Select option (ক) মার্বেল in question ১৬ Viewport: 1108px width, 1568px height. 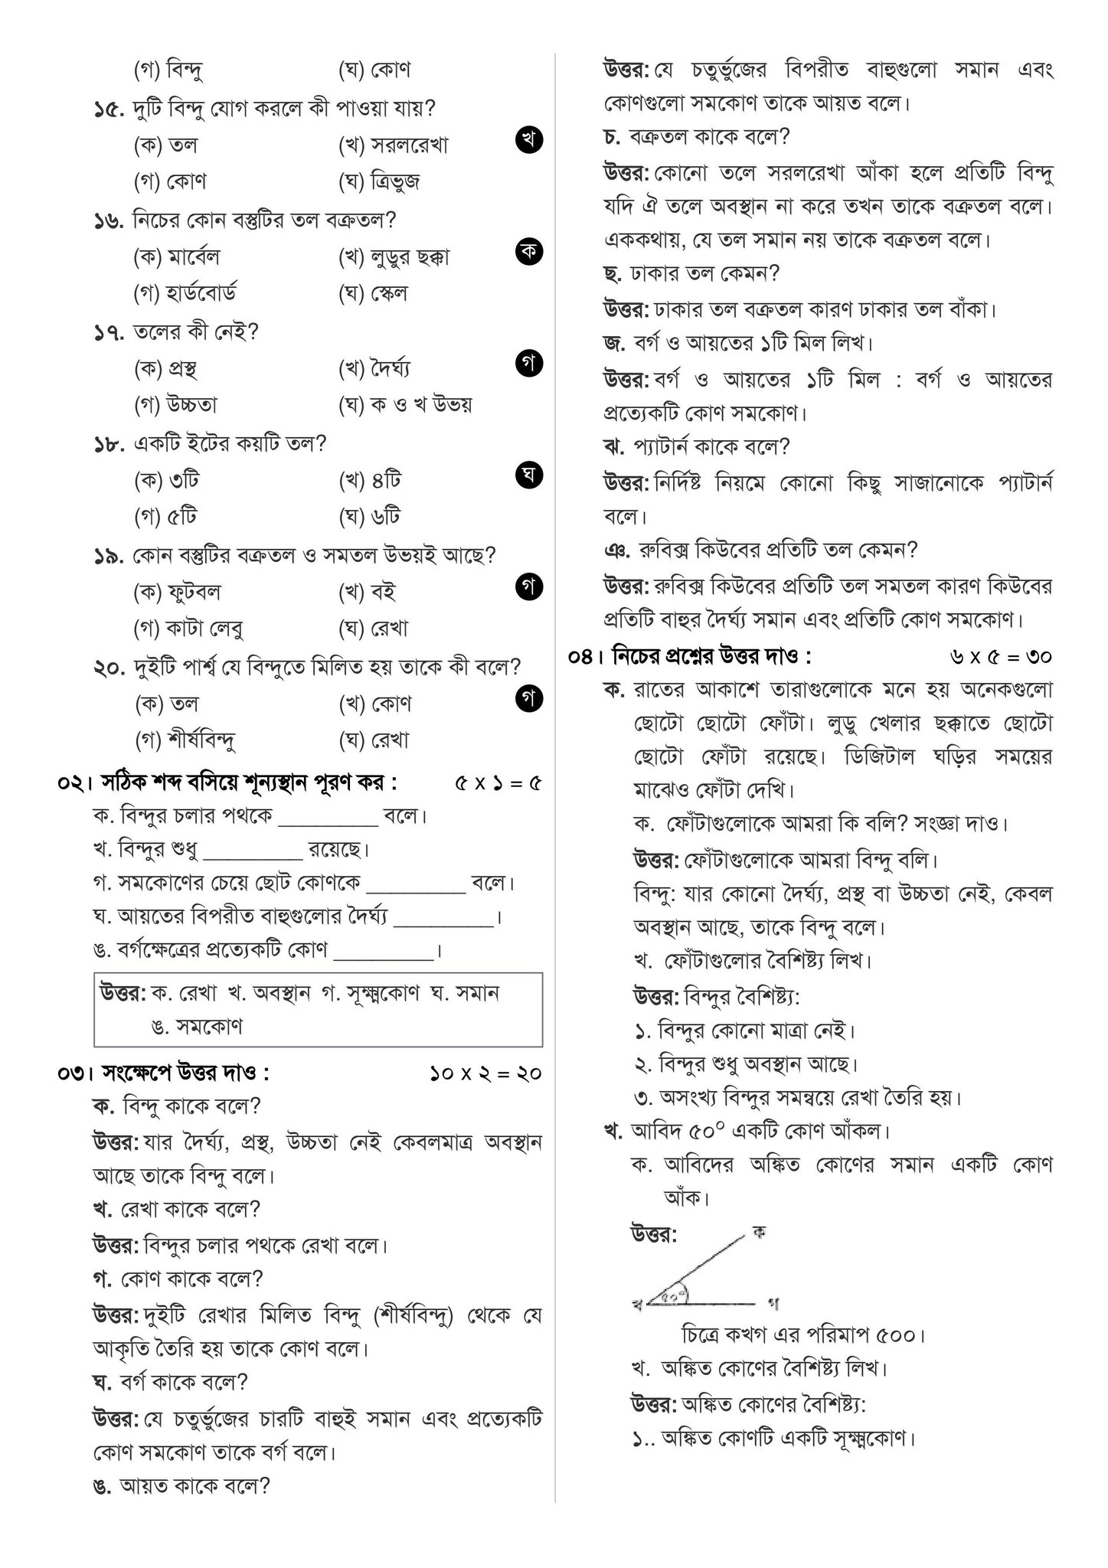tap(177, 257)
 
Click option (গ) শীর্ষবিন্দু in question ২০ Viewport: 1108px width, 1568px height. tap(185, 740)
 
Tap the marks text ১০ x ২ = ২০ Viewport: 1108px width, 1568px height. tap(485, 1074)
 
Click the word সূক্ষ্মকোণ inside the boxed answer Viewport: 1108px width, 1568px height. tap(378, 994)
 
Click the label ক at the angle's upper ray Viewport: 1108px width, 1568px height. tap(759, 1233)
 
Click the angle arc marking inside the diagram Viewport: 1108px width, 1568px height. tap(675, 1295)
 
